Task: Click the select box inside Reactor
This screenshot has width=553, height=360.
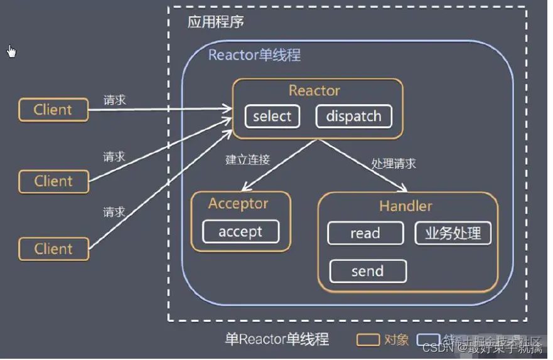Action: point(272,117)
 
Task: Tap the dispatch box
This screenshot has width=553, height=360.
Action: point(353,117)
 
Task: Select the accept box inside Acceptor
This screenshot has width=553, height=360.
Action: point(240,231)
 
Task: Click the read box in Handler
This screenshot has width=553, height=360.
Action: point(365,234)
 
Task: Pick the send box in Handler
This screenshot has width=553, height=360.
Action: point(368,271)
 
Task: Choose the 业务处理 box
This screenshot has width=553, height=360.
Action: point(453,234)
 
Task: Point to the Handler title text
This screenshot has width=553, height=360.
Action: point(405,206)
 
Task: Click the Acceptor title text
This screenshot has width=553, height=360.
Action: point(238,204)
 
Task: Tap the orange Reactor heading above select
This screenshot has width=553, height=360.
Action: point(314,90)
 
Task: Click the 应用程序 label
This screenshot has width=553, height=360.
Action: point(215,23)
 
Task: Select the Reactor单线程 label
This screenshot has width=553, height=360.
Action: point(254,55)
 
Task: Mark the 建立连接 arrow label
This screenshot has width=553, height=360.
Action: point(247,160)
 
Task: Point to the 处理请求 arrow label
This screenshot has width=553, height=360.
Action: point(394,164)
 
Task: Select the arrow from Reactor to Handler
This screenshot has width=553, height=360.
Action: point(361,164)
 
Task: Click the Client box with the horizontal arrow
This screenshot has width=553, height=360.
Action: point(53,110)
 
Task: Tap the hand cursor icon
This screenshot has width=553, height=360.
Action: point(11,51)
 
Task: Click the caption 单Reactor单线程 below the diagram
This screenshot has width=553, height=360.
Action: point(277,339)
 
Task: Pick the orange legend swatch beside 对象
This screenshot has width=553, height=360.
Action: point(367,339)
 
